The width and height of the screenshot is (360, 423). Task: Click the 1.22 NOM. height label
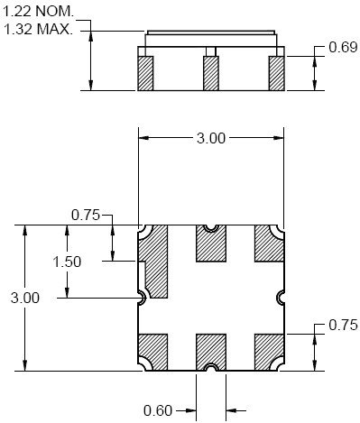pyautogui.click(x=38, y=12)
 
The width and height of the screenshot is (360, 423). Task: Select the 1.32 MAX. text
pyautogui.click(x=38, y=30)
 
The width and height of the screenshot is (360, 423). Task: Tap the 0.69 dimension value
pyautogui.click(x=343, y=47)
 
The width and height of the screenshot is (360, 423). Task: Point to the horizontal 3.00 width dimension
pyautogui.click(x=211, y=138)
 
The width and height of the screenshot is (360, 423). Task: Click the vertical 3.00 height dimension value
pyautogui.click(x=25, y=298)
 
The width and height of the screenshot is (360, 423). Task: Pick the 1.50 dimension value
pyautogui.click(x=67, y=262)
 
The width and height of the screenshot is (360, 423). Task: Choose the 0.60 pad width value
pyautogui.click(x=158, y=410)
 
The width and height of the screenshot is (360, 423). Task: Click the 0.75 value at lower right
pyautogui.click(x=343, y=325)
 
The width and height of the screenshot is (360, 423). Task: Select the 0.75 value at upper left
pyautogui.click(x=86, y=215)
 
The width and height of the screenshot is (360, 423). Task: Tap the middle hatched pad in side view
pyautogui.click(x=211, y=73)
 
